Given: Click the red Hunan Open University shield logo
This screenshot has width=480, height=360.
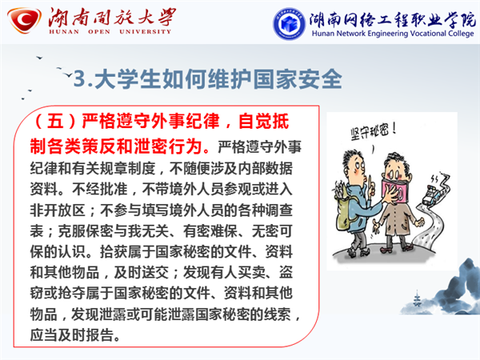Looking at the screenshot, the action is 25,20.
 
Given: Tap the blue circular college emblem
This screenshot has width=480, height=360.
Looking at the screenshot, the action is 289,23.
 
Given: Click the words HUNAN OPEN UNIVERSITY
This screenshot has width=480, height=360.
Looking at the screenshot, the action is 110,31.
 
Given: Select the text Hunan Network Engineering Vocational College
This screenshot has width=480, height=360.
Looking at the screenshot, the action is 393,34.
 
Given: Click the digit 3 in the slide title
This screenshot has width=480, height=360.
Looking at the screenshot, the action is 79,78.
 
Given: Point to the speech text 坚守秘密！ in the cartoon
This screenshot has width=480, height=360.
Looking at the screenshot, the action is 374,132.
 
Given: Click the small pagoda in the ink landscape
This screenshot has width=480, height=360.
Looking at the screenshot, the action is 417,298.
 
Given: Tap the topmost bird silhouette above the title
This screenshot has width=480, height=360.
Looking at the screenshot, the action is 39,58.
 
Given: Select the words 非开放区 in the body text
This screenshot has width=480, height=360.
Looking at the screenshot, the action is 58,210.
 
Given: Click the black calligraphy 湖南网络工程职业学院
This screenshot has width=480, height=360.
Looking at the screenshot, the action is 393,19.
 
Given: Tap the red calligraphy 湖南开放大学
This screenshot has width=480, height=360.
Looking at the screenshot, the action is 112,17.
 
